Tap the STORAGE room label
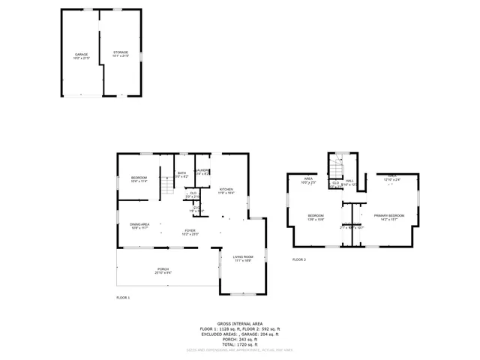(x=121, y=52)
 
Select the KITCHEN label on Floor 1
(x=226, y=189)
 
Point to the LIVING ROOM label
(x=242, y=256)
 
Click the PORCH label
(x=163, y=268)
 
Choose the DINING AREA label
(x=140, y=223)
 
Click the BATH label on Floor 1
(x=181, y=173)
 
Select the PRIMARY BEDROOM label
(x=389, y=215)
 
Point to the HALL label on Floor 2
(x=349, y=180)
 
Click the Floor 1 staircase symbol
(x=168, y=184)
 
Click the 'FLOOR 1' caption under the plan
(x=123, y=298)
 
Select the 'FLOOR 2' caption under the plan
(x=299, y=259)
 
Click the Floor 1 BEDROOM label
(x=139, y=177)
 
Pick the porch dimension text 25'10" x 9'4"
(x=163, y=272)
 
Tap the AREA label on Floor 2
(x=307, y=178)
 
